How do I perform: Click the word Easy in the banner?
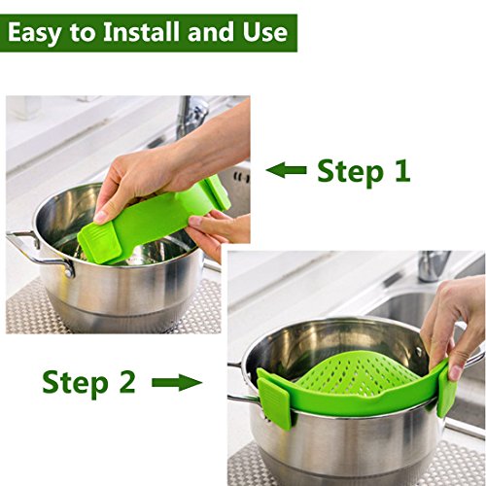pos(34,33)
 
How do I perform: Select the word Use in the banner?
pos(265,32)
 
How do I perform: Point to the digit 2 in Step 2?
pos(126,382)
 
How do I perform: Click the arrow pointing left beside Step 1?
pos(287,170)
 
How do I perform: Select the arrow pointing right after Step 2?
pos(177,382)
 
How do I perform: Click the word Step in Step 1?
pos(350,172)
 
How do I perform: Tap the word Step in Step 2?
pos(75,384)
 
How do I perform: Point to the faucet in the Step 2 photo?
pos(434,265)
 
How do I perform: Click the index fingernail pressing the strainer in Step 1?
pos(101,217)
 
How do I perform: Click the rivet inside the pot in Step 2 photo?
pos(419,351)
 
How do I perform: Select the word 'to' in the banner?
pos(83,32)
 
